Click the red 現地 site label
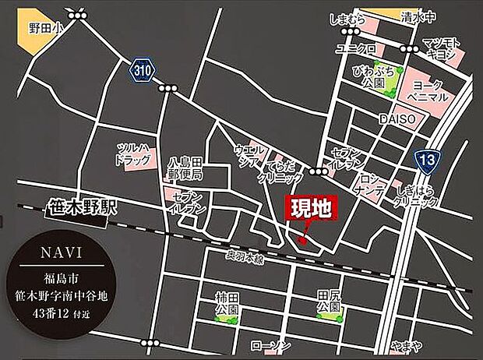312,209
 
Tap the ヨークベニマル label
430,91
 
